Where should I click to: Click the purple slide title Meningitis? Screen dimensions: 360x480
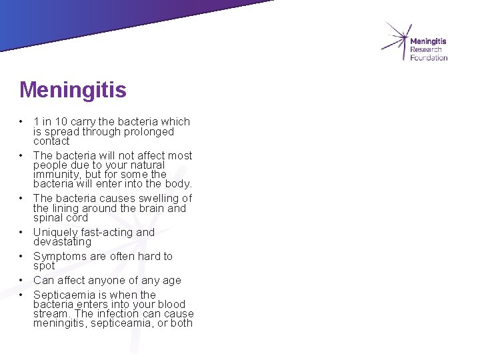73,90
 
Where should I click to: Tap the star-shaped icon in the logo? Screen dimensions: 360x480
395,40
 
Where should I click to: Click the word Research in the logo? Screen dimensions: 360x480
425,50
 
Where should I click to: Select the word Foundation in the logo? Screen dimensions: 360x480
429,58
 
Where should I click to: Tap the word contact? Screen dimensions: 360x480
51,141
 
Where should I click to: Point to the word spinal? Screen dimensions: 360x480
49,218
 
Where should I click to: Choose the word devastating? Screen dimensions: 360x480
62,242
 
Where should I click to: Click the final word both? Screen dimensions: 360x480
181,323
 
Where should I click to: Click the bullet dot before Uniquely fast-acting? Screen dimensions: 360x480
21,232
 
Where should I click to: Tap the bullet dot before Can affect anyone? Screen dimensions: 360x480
21,280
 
